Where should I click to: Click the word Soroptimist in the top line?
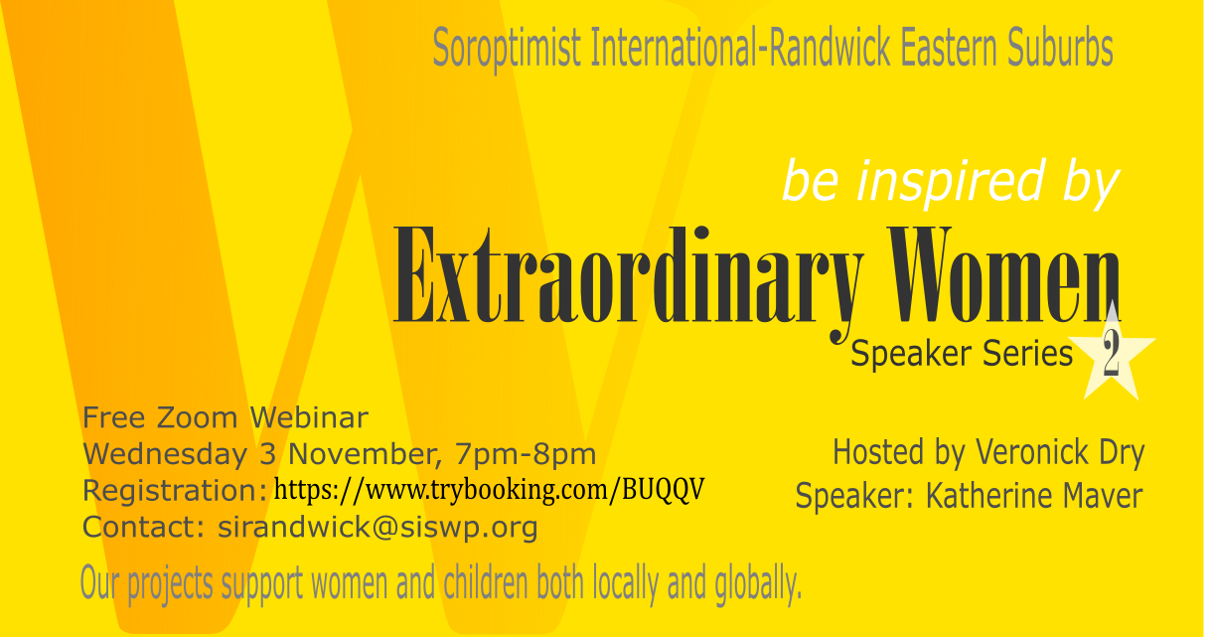507,49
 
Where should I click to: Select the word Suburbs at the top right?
1060,47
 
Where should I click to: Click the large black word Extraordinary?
627,281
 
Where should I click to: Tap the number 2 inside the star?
1111,353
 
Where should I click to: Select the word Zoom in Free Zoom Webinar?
198,418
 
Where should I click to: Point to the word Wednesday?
165,454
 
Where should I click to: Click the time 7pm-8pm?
525,454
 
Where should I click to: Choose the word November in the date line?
365,454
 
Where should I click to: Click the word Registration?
175,492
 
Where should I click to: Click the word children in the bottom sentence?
486,583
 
